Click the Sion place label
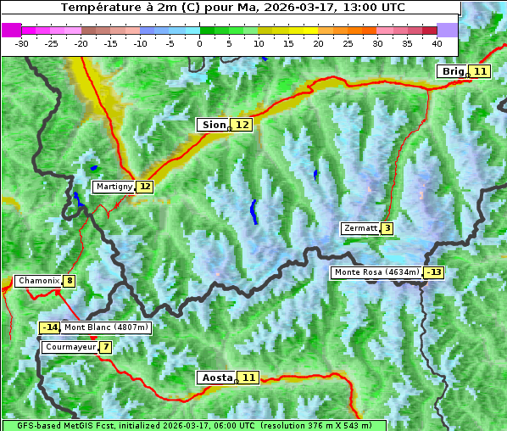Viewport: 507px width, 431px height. pos(213,125)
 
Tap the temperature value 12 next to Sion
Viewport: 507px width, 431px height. pos(242,125)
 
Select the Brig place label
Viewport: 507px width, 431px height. pos(452,71)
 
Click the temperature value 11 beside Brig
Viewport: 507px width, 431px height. pos(480,71)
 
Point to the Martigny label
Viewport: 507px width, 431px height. pos(114,187)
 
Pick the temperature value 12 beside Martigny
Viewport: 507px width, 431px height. pos(145,187)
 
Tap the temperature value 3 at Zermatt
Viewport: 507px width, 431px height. pos(387,228)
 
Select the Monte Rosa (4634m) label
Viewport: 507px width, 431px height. pos(376,272)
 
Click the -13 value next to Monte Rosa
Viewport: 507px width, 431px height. pos(434,272)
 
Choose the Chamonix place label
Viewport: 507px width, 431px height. pos(37,281)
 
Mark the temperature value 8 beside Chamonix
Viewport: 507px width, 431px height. pos(69,281)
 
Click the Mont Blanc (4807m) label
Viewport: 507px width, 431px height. pos(106,327)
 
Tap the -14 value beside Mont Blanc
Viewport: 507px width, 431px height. pos(49,327)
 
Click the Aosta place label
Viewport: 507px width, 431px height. pos(215,378)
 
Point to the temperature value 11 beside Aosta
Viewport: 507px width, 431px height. pos(248,378)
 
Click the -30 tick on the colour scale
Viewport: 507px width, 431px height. pos(22,42)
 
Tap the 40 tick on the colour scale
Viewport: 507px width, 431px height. pos(437,42)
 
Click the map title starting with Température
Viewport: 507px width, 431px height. pos(233,8)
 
